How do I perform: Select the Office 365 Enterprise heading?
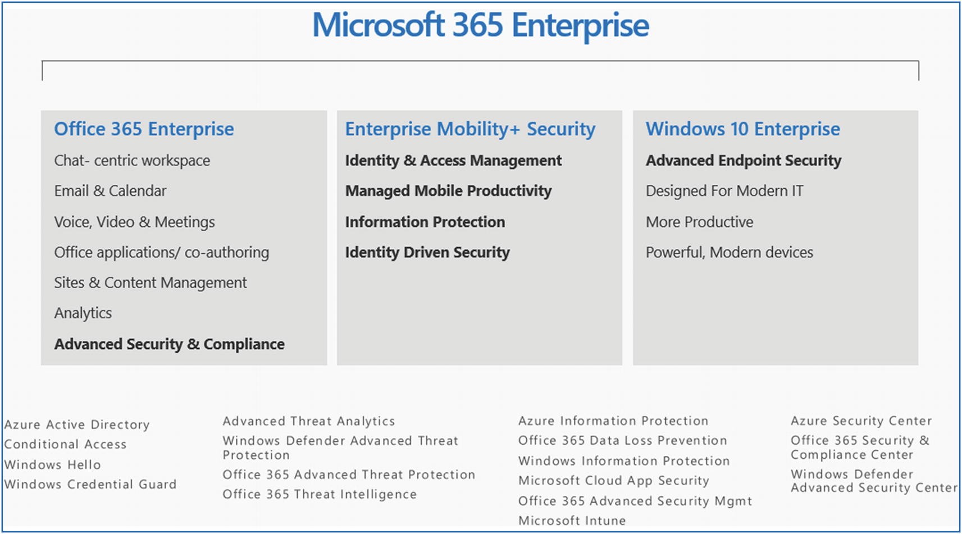point(144,129)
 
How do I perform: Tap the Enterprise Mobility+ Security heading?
point(470,129)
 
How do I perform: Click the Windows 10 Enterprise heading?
point(743,129)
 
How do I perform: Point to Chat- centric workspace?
point(132,161)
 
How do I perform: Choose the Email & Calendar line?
point(110,190)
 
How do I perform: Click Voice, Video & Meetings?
point(134,222)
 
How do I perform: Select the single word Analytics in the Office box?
point(83,313)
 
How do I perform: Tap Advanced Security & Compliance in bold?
point(169,344)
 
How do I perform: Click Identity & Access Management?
point(453,161)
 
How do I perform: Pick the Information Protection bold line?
point(425,222)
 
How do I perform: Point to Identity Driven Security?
point(427,253)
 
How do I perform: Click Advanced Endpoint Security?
point(744,161)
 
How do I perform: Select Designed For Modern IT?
point(724,191)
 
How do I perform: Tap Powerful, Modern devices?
point(730,253)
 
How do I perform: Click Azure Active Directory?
point(77,425)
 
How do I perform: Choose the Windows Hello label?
point(52,464)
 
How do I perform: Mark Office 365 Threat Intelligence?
point(320,494)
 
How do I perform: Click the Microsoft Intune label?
point(572,521)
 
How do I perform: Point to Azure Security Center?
point(861,421)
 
